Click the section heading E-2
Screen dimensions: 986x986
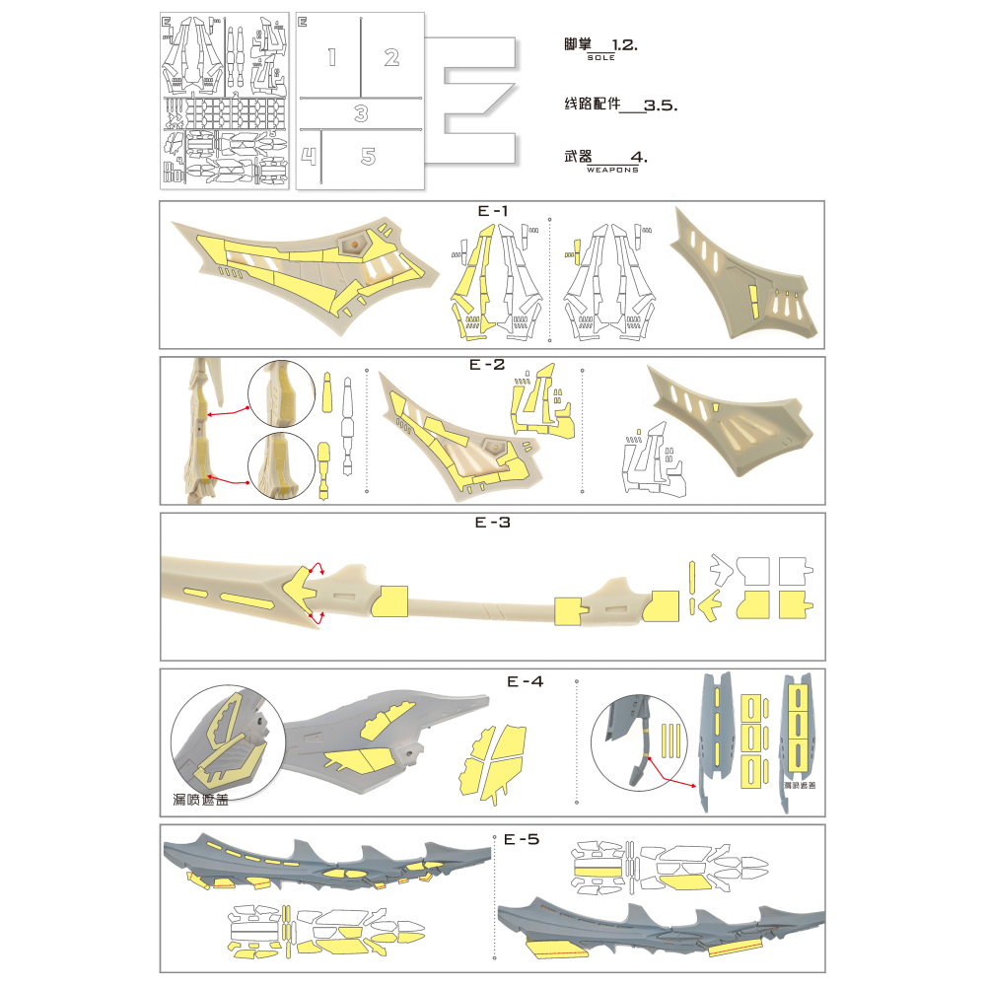pos(487,365)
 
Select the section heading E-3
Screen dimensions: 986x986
pos(493,523)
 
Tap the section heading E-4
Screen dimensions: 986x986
pos(526,680)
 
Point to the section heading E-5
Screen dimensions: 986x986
pos(522,839)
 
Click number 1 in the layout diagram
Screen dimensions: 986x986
pos(331,57)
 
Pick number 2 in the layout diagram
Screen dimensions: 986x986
pos(391,57)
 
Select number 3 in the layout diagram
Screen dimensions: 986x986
pos(361,114)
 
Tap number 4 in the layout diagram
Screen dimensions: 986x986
pos(309,156)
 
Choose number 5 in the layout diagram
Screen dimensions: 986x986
pos(368,156)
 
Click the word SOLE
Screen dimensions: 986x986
pos(600,58)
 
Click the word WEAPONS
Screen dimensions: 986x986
pos(611,170)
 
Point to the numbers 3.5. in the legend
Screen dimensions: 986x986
pos(660,104)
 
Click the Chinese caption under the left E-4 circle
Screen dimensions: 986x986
pos(203,800)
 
